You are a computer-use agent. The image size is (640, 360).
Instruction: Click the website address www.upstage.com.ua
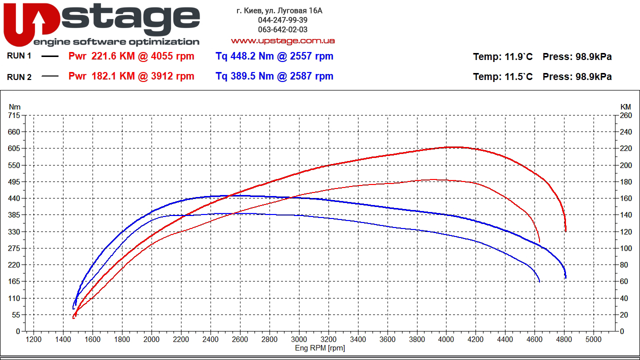point(282,41)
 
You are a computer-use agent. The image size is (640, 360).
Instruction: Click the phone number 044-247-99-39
point(282,20)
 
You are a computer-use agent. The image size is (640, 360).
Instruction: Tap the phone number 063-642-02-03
point(282,30)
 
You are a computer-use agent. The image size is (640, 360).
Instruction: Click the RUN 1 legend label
point(19,56)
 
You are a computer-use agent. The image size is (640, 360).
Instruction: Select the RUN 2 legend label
point(19,77)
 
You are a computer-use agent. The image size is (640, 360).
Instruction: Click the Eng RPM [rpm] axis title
point(320,348)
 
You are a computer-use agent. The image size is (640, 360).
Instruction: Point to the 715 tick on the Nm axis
point(14,115)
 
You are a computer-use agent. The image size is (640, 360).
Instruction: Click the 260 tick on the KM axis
point(625,115)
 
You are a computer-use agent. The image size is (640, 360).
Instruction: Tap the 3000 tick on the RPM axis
point(299,339)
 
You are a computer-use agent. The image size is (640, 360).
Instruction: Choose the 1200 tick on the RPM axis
point(33,339)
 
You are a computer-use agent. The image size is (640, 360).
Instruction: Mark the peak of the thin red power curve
point(433,179)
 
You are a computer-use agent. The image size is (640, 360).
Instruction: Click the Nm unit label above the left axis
point(15,107)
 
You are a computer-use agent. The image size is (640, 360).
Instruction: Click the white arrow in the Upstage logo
point(39,22)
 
